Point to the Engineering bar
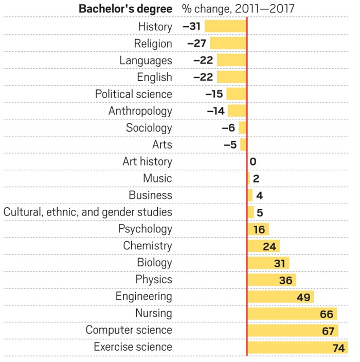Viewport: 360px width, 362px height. pyautogui.click(x=280, y=297)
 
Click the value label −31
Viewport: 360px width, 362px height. pyautogui.click(x=192, y=27)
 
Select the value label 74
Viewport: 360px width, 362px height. pyautogui.click(x=338, y=348)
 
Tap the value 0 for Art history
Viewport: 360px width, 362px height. pyautogui.click(x=253, y=162)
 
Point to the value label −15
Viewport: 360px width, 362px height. pyautogui.click(x=214, y=95)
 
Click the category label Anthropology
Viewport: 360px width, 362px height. pyautogui.click(x=140, y=111)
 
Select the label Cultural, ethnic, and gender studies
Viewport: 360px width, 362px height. pyautogui.click(x=88, y=212)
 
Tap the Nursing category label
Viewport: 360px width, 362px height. pyautogui.click(x=153, y=313)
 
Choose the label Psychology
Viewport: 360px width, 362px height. pyautogui.click(x=145, y=229)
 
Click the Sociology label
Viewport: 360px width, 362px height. pyautogui.click(x=149, y=128)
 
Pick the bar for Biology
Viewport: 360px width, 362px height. pyautogui.click(x=268, y=263)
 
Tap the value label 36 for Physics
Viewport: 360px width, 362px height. pyautogui.click(x=286, y=281)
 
